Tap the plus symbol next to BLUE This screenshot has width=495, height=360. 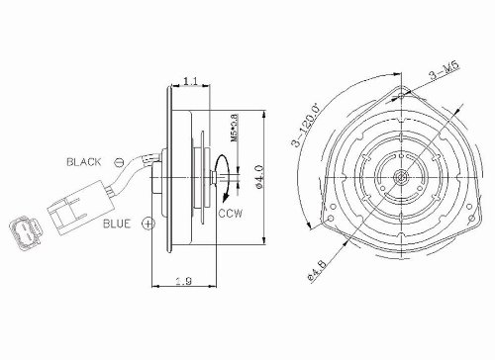pos(148,224)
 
